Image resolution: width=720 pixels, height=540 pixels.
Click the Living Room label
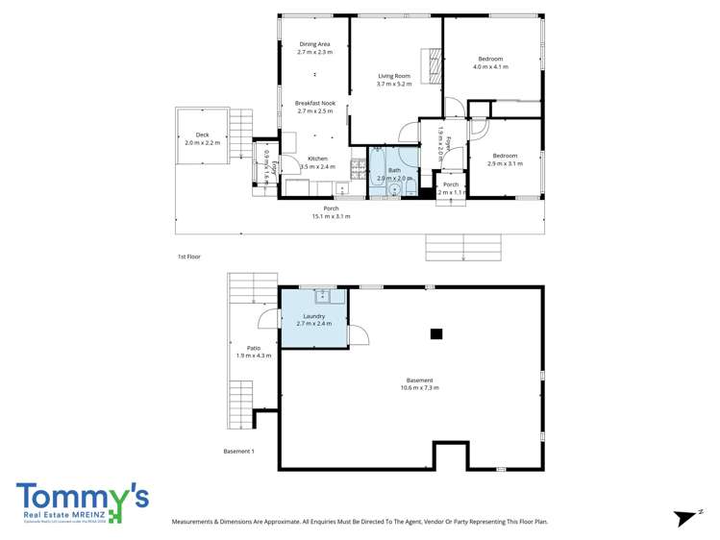pos(394,76)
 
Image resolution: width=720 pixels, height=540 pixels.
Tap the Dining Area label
pos(315,44)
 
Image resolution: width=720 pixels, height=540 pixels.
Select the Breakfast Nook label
pos(315,103)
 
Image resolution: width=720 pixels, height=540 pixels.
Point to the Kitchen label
pos(317,159)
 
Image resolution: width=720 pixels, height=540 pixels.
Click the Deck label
pos(202,135)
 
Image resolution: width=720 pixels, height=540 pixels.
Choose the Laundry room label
pos(313,316)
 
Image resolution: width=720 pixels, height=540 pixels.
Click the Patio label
pos(254,348)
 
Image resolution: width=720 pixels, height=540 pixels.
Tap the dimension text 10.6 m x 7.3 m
pos(420,388)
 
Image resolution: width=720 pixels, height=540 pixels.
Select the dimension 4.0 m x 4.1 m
pos(490,67)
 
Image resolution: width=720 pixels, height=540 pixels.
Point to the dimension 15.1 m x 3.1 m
pos(331,216)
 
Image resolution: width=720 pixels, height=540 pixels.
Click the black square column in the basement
pos(436,334)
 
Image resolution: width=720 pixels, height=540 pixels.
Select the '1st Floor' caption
pos(188,257)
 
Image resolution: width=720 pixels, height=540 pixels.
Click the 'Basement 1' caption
pos(238,451)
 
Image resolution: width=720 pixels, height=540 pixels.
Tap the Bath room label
pos(394,170)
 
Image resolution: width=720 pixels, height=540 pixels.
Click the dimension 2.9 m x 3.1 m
pos(505,163)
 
